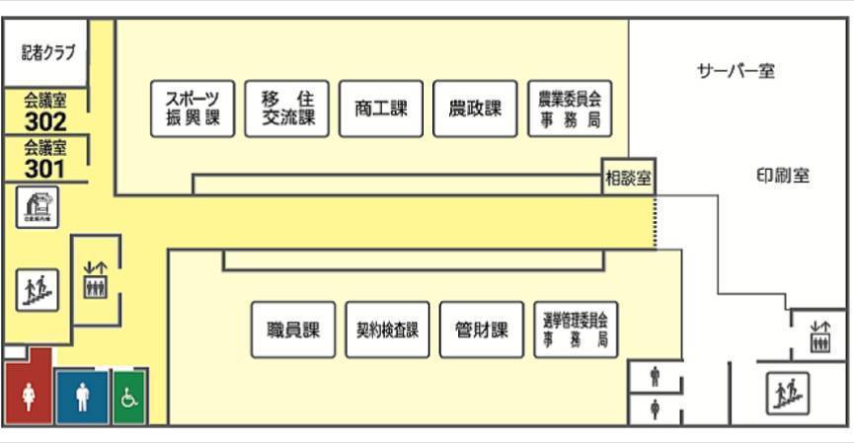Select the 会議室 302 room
click(45, 111)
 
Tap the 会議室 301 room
click(44, 159)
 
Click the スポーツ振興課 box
click(193, 109)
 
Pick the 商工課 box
click(381, 109)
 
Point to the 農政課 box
click(475, 109)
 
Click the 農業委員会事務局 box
click(570, 109)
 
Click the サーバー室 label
click(736, 71)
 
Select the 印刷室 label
click(782, 176)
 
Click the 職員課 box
click(293, 330)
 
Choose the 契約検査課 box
click(387, 330)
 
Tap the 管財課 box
click(481, 330)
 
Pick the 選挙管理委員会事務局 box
click(576, 330)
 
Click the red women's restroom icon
click(29, 395)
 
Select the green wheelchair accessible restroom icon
click(129, 397)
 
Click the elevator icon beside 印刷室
click(819, 335)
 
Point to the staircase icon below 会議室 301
click(38, 289)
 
